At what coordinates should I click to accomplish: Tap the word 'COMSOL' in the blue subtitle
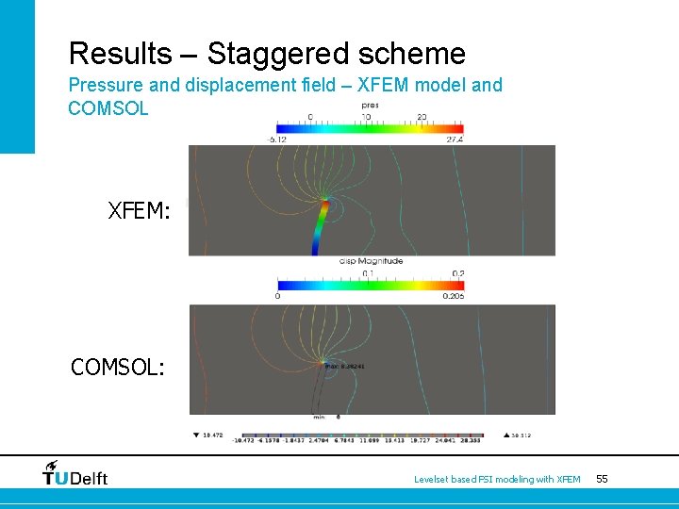pyautogui.click(x=108, y=108)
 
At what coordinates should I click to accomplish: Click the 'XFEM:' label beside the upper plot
pyautogui.click(x=140, y=211)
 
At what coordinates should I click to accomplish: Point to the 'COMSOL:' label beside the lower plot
pyautogui.click(x=118, y=367)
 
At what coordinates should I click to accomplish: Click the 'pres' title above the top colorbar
pyautogui.click(x=370, y=106)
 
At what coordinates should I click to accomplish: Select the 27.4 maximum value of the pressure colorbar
pyautogui.click(x=455, y=140)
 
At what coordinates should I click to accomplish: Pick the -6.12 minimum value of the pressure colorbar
pyautogui.click(x=278, y=140)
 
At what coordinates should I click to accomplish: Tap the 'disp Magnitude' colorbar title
pyautogui.click(x=370, y=261)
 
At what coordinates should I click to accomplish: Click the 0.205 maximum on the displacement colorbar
pyautogui.click(x=453, y=296)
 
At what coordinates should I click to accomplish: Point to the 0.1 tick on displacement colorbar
pyautogui.click(x=368, y=273)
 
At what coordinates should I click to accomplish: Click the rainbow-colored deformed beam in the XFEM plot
pyautogui.click(x=322, y=226)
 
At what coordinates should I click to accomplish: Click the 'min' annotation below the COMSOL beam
pyautogui.click(x=320, y=416)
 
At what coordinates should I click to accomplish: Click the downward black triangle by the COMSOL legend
pyautogui.click(x=195, y=435)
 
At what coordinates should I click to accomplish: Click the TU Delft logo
pyautogui.click(x=75, y=473)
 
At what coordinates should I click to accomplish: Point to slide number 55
pyautogui.click(x=602, y=479)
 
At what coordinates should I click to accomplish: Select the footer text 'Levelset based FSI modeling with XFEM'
pyautogui.click(x=497, y=480)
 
